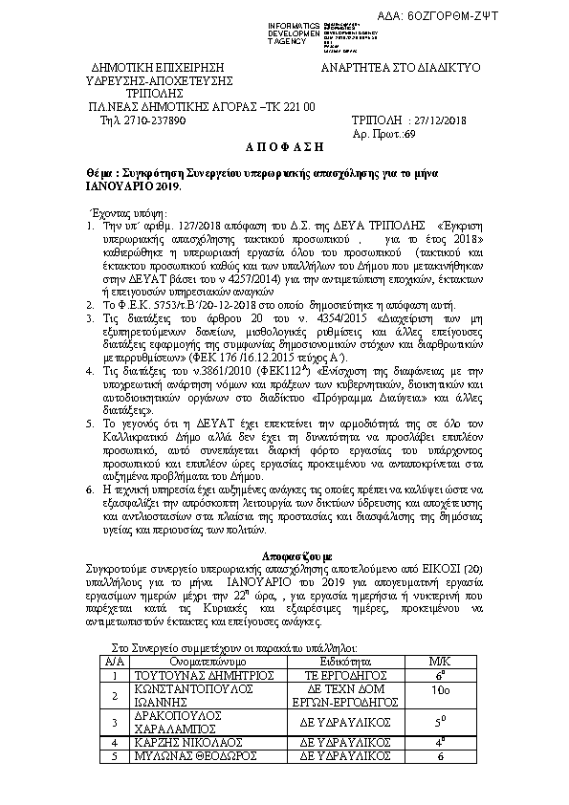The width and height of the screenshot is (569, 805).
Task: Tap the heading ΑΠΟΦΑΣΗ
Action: (x=283, y=150)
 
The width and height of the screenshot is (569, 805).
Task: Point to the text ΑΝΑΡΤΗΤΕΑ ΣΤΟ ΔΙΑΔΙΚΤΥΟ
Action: (x=401, y=69)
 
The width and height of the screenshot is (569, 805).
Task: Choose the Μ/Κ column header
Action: (x=439, y=660)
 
